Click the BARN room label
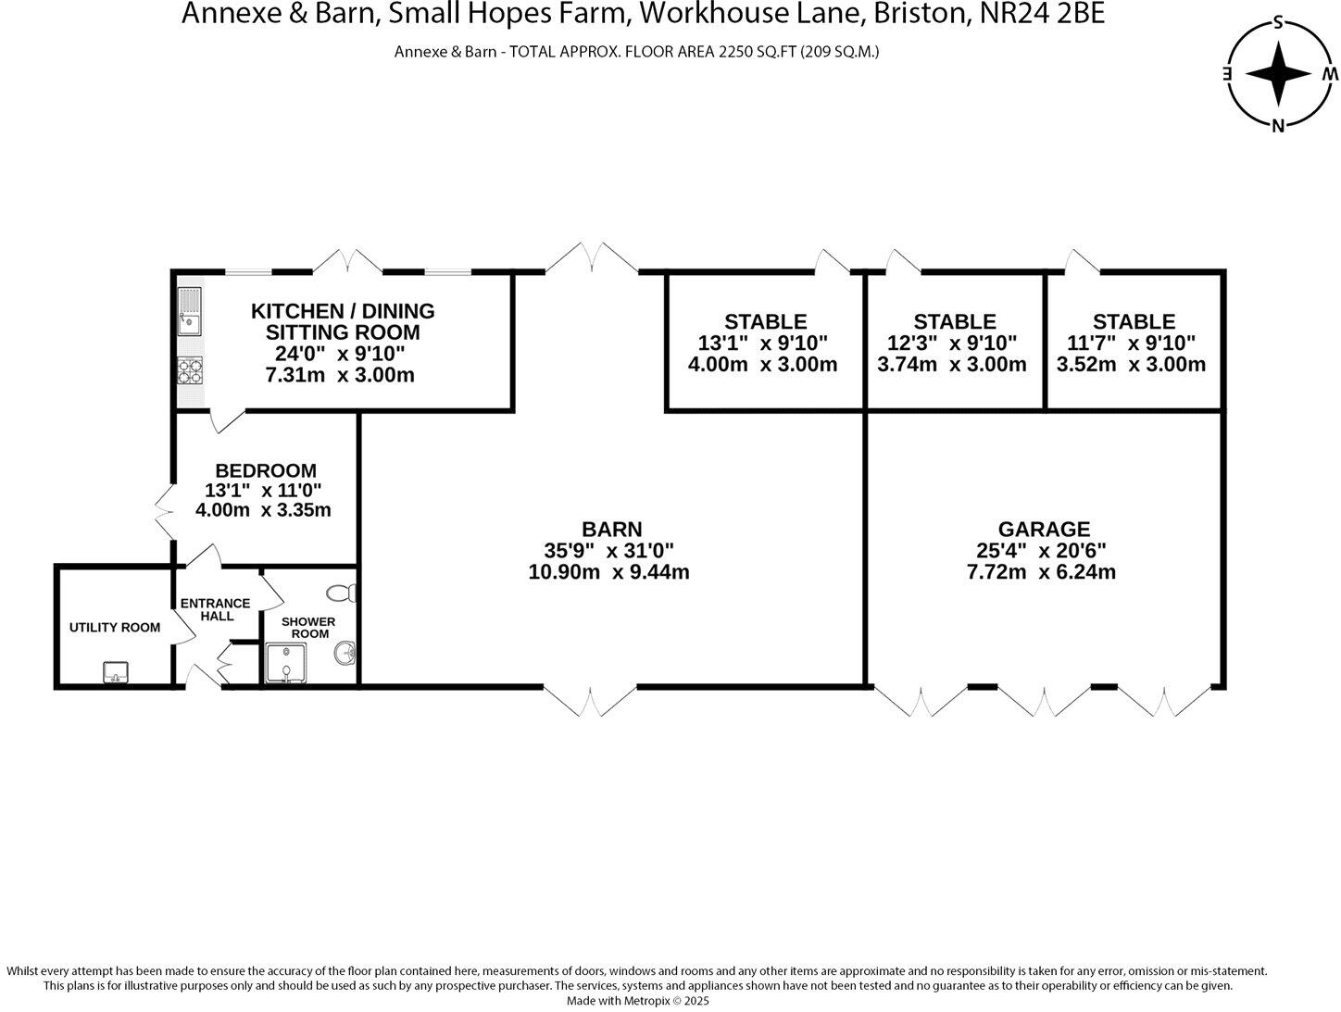click(612, 529)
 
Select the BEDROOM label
click(266, 470)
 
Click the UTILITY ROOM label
click(115, 627)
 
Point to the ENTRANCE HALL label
click(215, 609)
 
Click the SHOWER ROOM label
click(308, 627)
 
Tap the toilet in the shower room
click(344, 593)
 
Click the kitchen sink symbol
click(189, 311)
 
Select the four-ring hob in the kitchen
click(190, 370)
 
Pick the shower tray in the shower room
click(285, 663)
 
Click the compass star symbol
click(1278, 73)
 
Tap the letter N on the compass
click(1278, 126)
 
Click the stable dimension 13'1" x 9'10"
click(764, 343)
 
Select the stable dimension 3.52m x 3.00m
click(1131, 364)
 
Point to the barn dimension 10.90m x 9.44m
click(608, 571)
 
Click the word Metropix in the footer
click(640, 1000)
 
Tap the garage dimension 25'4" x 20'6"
click(1041, 550)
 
